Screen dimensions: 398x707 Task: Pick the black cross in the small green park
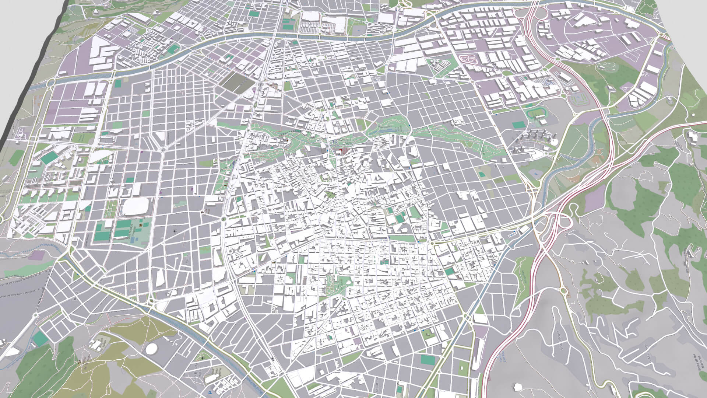coord(203,358)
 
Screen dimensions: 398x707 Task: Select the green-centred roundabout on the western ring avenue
coord(224,219)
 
